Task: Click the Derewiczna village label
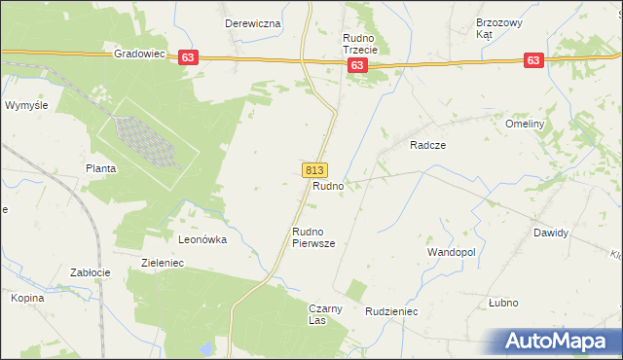pyautogui.click(x=252, y=23)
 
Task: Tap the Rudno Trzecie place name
pyautogui.click(x=365, y=45)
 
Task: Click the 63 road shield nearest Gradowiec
pyautogui.click(x=188, y=58)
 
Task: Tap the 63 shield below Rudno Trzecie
pyautogui.click(x=357, y=65)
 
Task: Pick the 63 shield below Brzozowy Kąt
pyautogui.click(x=532, y=60)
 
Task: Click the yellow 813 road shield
pyautogui.click(x=314, y=169)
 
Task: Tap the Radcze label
pyautogui.click(x=427, y=144)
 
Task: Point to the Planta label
pyautogui.click(x=100, y=168)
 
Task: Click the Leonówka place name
pyautogui.click(x=202, y=238)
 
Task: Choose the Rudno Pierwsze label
pyautogui.click(x=313, y=238)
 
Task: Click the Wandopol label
pyautogui.click(x=451, y=252)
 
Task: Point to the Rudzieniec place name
pyautogui.click(x=391, y=312)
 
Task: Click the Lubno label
pyautogui.click(x=503, y=303)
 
